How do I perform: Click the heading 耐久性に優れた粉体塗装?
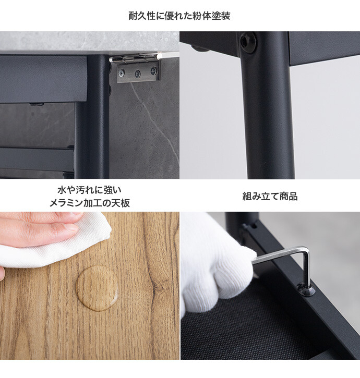pos(179,16)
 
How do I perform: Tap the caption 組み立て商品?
pos(270,196)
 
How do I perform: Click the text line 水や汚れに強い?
pos(90,190)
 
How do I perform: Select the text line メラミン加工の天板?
pos(90,203)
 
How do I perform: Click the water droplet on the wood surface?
pos(97,288)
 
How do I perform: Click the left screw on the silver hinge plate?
pos(122,72)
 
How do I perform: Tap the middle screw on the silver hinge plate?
pos(138,74)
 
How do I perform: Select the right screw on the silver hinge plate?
pos(153,71)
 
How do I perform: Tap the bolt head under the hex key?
pos(306,290)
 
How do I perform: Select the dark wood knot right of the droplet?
pos(157,286)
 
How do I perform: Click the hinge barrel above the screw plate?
pos(134,58)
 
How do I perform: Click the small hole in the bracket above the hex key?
pos(254,226)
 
